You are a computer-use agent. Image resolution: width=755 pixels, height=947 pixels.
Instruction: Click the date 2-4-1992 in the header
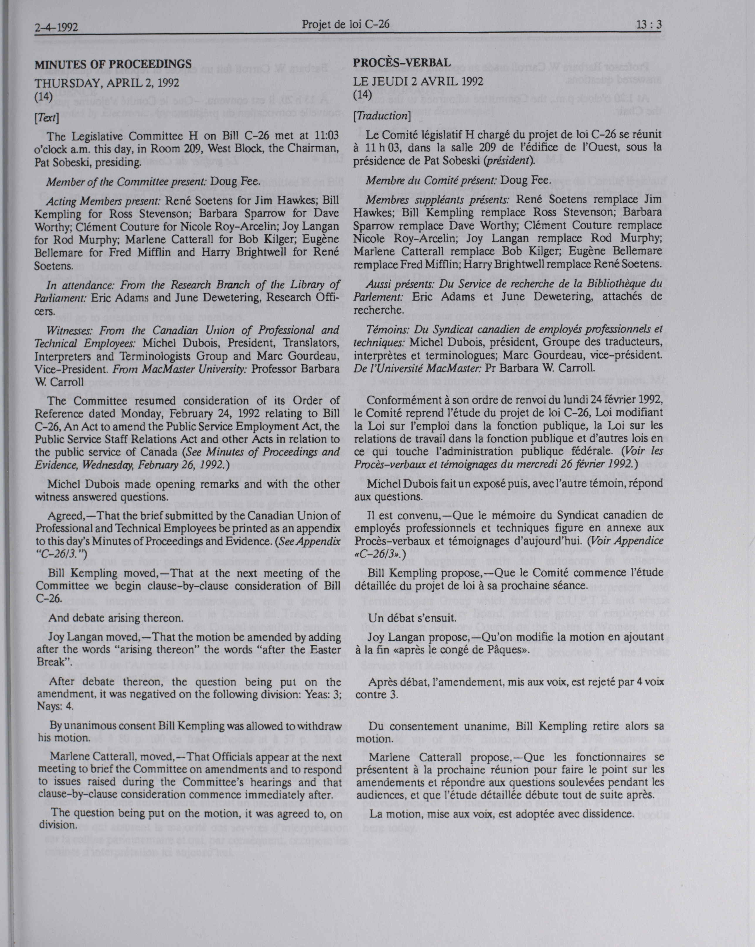click(56, 28)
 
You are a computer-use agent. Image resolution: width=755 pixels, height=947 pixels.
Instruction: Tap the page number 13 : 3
click(648, 25)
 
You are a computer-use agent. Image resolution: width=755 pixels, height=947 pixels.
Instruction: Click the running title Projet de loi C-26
click(346, 24)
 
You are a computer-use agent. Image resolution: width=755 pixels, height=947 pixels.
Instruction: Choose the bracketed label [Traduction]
click(382, 116)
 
